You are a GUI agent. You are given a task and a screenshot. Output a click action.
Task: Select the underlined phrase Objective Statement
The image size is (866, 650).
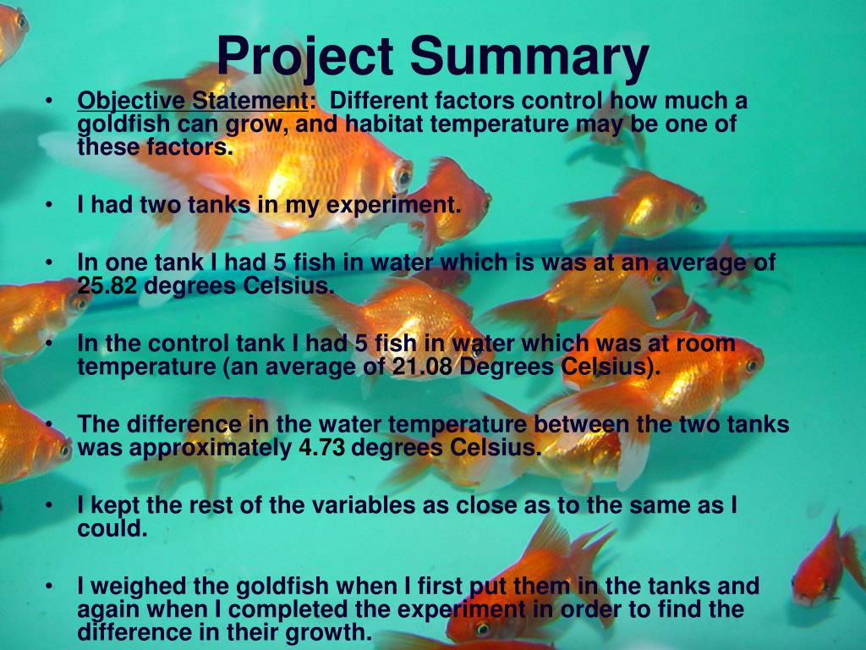(x=193, y=102)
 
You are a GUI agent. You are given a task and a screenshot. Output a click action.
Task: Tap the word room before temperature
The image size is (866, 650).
(x=705, y=344)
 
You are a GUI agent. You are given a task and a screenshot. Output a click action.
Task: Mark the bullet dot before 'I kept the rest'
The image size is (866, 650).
(x=52, y=506)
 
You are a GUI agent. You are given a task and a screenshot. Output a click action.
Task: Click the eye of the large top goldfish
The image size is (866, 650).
(x=403, y=176)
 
